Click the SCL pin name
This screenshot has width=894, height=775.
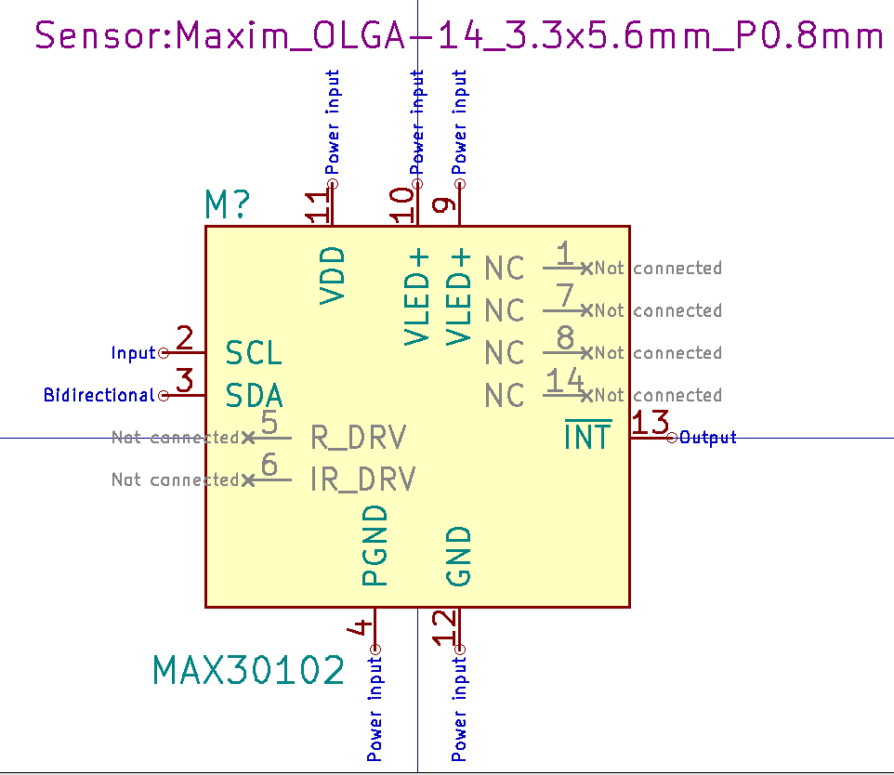click(254, 353)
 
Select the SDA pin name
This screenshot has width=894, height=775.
click(254, 396)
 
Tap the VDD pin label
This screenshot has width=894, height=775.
click(333, 275)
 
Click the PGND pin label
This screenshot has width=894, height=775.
click(374, 545)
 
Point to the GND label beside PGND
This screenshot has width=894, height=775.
click(459, 556)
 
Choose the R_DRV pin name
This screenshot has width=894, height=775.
click(358, 437)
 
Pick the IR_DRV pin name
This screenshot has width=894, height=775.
click(362, 479)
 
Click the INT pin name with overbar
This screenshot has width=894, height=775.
click(588, 436)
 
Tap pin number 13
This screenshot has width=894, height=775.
click(651, 424)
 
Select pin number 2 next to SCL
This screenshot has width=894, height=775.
click(184, 338)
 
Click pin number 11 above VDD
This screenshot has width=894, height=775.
click(319, 205)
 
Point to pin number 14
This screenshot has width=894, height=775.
click(565, 381)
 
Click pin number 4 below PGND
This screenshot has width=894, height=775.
click(360, 629)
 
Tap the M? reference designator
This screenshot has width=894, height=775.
click(227, 205)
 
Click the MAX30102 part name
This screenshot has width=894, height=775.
click(248, 670)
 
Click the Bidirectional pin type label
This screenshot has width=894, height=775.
click(99, 395)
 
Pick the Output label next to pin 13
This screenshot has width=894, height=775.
click(708, 437)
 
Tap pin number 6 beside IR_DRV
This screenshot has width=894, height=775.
click(270, 466)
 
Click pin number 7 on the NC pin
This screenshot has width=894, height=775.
click(565, 296)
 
